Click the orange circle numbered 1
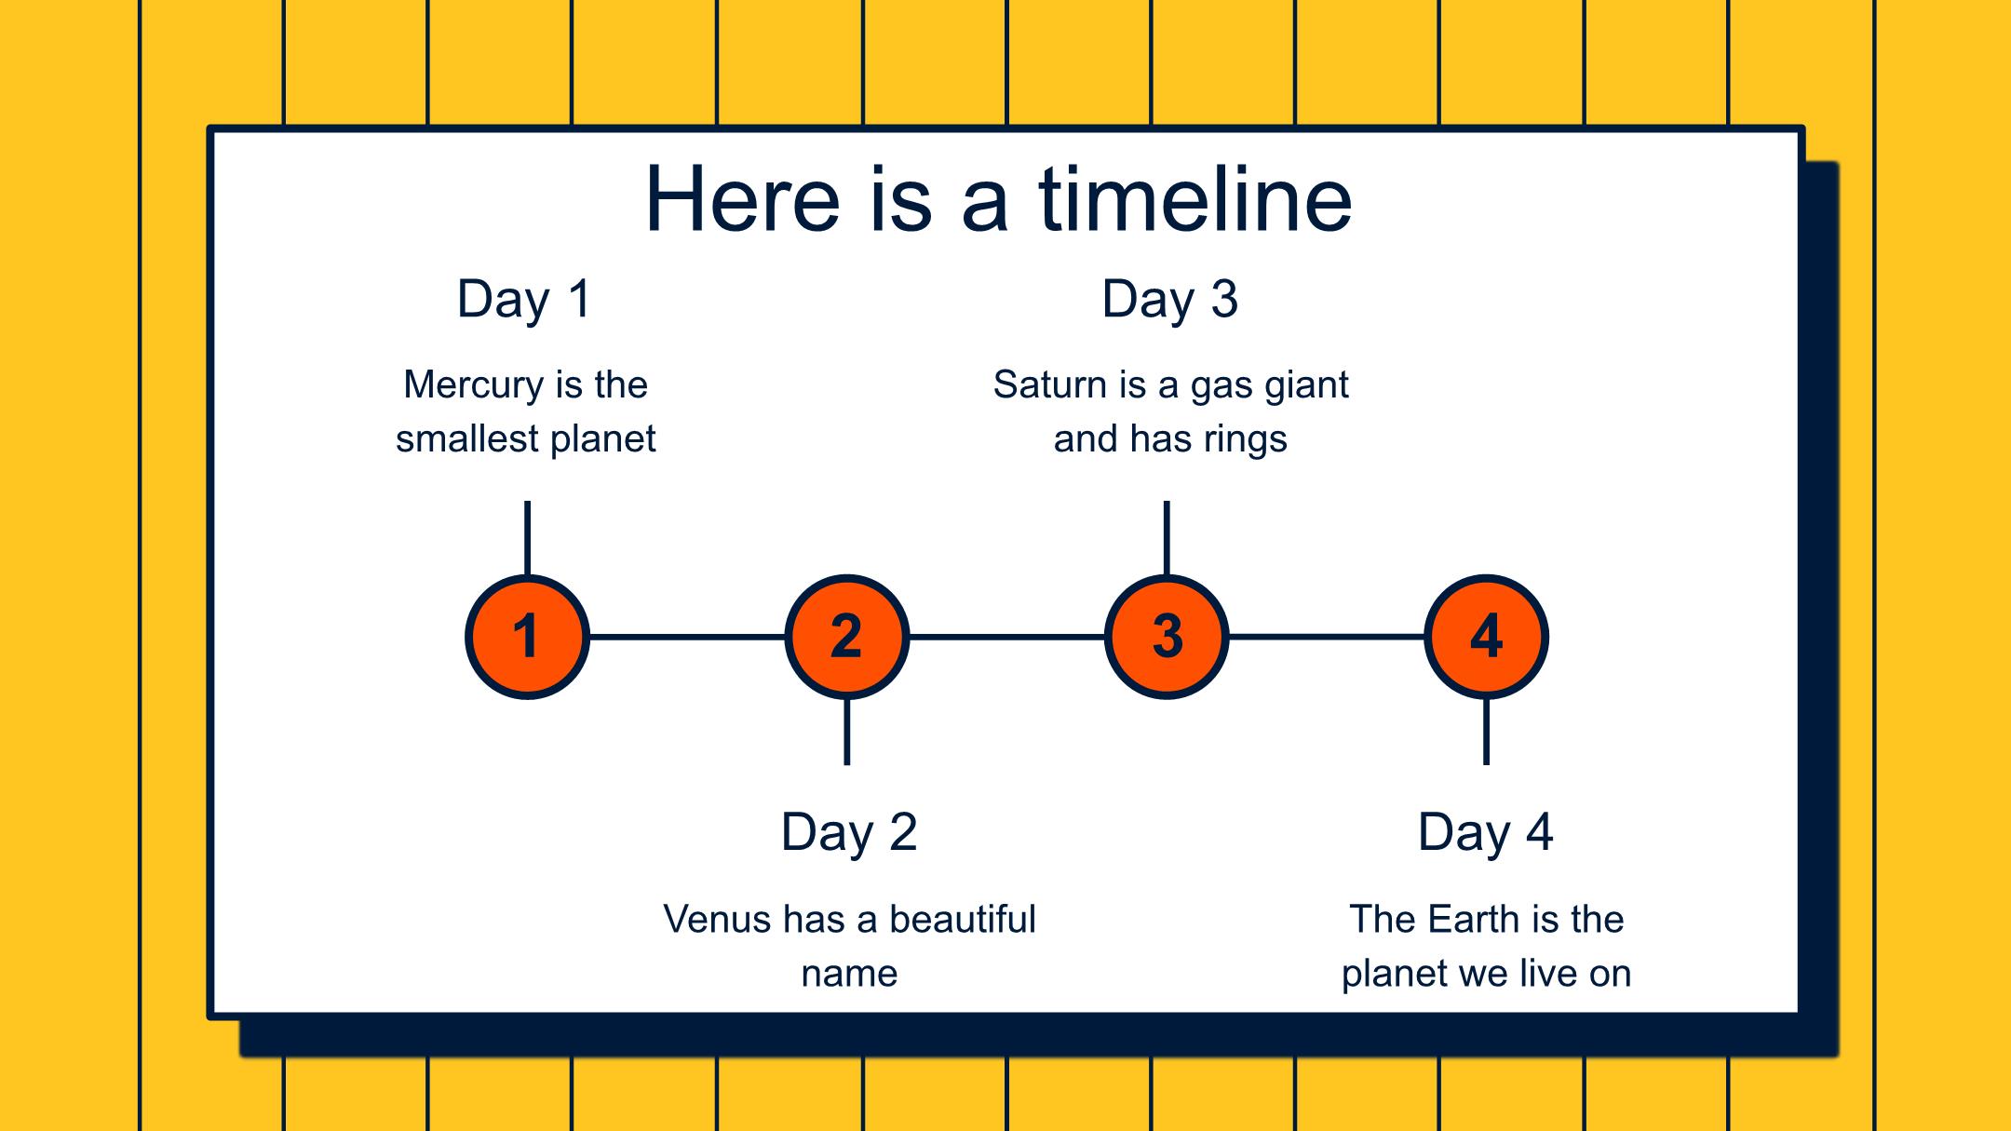[527, 637]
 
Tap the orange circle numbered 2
[846, 637]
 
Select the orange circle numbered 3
[1167, 637]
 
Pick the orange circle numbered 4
[1486, 637]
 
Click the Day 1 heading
[524, 300]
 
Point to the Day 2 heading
[849, 832]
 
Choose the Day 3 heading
[1169, 300]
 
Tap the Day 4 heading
[1486, 832]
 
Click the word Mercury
[473, 385]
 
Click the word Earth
[1474, 919]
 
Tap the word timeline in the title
[1194, 199]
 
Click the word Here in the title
[743, 199]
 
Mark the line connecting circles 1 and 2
[687, 637]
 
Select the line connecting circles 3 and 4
[1327, 637]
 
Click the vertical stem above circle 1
[527, 539]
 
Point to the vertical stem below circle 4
[1486, 732]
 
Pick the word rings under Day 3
[1248, 439]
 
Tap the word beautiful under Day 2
[963, 919]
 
